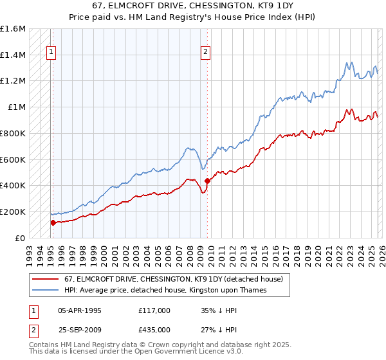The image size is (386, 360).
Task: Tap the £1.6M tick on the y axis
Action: [13, 29]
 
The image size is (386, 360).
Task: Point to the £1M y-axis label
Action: [16, 107]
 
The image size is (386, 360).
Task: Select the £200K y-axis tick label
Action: [13, 212]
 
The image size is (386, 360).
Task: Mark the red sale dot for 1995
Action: [53, 222]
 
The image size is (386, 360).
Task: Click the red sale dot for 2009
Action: [207, 181]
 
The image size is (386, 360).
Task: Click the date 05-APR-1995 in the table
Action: [80, 310]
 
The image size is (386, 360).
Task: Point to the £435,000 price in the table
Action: [154, 330]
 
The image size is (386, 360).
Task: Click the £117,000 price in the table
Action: [154, 310]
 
